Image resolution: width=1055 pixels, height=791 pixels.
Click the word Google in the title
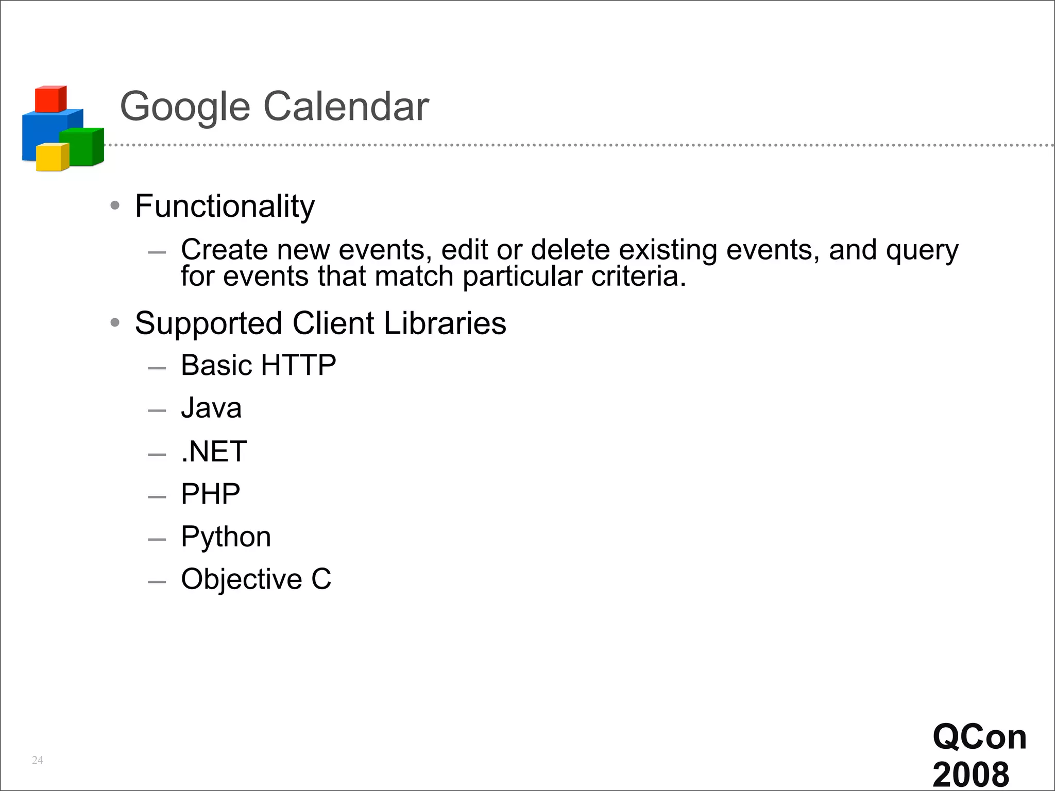tap(185, 107)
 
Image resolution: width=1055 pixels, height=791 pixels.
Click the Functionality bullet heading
tap(225, 207)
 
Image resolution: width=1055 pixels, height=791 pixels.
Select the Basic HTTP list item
tap(258, 365)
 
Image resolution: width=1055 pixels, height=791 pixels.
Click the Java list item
tap(211, 408)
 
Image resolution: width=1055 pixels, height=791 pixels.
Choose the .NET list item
tap(214, 451)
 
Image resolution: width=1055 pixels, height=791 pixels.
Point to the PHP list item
tap(210, 494)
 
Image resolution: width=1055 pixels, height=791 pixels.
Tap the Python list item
tap(226, 537)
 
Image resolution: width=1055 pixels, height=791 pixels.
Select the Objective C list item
tap(256, 579)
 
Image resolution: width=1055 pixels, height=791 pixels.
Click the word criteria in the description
tap(638, 277)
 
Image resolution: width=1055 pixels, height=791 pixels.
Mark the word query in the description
tap(922, 251)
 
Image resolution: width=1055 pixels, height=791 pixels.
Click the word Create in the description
tap(224, 250)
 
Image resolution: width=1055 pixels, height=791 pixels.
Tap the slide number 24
tap(38, 760)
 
